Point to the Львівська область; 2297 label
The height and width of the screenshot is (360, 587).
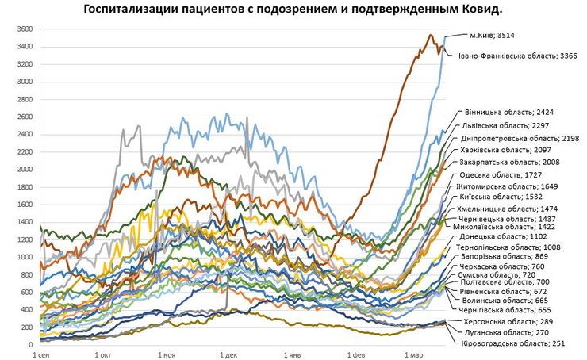pos(506,125)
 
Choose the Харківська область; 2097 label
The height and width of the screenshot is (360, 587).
pos(507,150)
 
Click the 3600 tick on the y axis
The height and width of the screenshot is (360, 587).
pos(22,29)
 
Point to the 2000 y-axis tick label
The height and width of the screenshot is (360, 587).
pos(22,170)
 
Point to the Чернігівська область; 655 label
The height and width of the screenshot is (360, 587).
pos(500,311)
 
